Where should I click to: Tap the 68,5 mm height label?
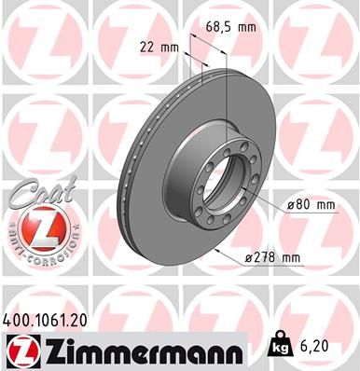pyautogui.click(x=231, y=27)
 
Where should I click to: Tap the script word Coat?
pyautogui.click(x=36, y=192)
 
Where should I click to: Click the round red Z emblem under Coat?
pyautogui.click(x=35, y=227)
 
